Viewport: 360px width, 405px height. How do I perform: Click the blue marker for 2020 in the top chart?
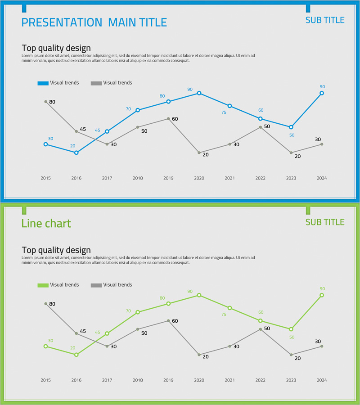pos(199,93)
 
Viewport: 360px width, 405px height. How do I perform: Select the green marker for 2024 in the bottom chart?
pos(322,295)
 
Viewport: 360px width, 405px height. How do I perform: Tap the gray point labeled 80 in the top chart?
pos(45,102)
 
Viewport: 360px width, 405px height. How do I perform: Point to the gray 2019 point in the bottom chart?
pos(168,321)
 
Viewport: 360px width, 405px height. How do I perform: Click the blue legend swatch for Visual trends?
pos(43,83)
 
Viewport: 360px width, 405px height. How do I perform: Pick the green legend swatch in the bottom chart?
pos(43,285)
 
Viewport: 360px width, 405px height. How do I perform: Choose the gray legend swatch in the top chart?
pos(96,83)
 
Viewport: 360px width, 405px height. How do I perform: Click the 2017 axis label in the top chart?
pos(107,178)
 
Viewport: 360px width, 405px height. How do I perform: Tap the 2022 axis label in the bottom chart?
pos(260,380)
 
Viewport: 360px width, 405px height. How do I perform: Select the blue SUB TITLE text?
pos(325,20)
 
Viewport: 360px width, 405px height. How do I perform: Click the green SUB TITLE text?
pos(325,222)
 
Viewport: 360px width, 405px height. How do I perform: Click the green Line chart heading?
pos(46,224)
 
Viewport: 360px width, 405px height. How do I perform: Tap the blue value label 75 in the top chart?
pos(224,112)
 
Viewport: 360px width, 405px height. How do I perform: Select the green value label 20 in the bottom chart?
pos(72,348)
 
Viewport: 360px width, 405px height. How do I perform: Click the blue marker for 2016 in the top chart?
pos(76,153)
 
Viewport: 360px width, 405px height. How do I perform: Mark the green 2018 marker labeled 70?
pos(138,312)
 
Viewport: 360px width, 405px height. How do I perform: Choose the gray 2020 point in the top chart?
pos(199,153)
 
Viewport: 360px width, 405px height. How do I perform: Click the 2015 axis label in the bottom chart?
pos(45,380)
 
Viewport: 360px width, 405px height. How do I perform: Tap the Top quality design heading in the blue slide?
pos(56,48)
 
